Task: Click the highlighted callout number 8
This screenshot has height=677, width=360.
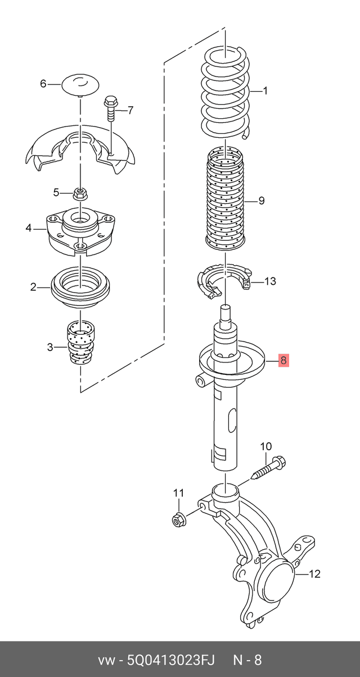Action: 283,360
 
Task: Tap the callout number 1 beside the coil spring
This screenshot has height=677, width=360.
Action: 265,91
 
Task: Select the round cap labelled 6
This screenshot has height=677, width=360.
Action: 80,85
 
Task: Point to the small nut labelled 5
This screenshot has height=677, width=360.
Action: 79,194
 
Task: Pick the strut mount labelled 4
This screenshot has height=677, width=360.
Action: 80,231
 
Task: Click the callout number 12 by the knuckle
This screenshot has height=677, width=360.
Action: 314,574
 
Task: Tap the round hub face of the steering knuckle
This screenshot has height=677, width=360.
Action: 280,574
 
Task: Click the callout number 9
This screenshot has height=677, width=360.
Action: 261,200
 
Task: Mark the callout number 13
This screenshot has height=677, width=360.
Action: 270,281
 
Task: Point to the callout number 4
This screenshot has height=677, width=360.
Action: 28,228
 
